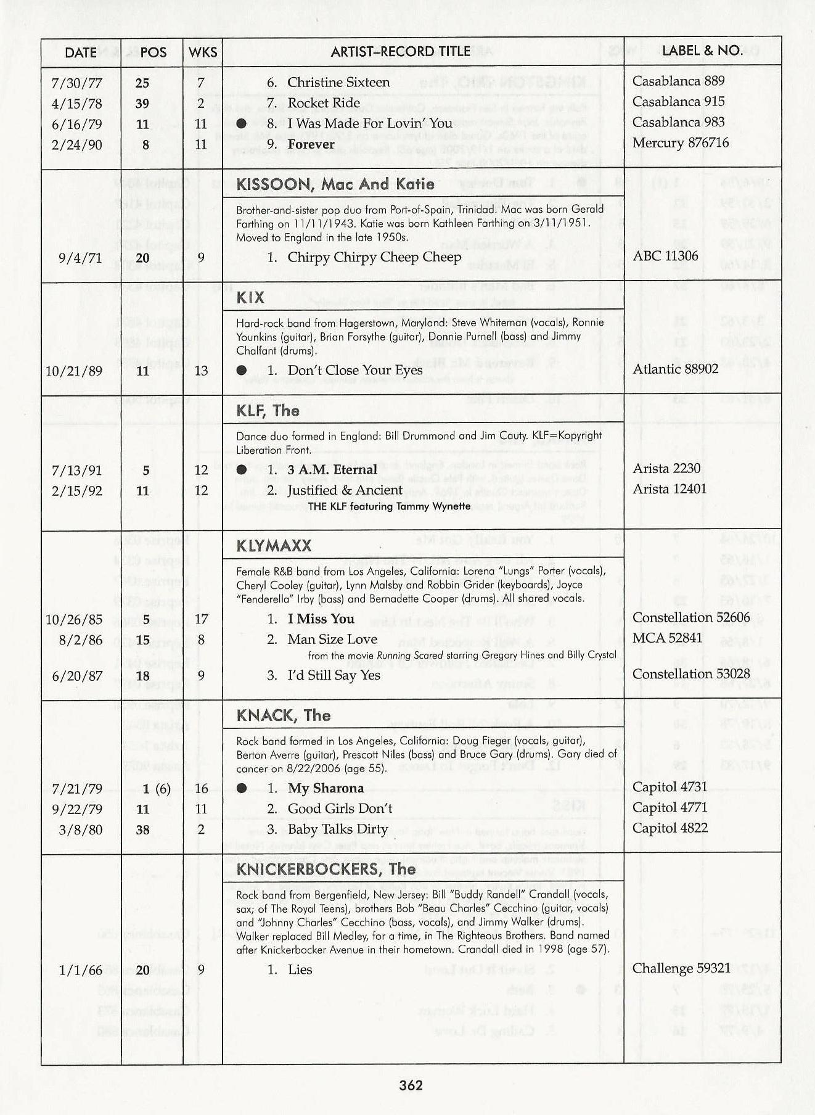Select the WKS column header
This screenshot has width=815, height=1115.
[x=203, y=52]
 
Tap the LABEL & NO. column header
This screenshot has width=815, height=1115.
[x=702, y=51]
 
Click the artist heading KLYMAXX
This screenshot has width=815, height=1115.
[x=274, y=546]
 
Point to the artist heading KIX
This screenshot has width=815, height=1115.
[x=250, y=298]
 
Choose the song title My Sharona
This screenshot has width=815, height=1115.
[x=326, y=788]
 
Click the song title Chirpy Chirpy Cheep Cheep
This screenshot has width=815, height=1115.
[x=374, y=257]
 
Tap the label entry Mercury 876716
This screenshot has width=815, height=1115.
[x=681, y=143]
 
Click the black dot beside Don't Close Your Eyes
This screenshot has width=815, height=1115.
[x=242, y=370]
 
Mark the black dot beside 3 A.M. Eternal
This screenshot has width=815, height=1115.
[x=242, y=470]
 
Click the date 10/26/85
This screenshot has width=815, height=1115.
[x=74, y=620]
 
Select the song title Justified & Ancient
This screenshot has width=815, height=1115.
[x=345, y=490]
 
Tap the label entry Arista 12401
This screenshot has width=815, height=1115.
[x=670, y=489]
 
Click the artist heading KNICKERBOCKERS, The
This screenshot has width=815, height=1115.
[x=326, y=870]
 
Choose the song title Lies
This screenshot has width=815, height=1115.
[x=300, y=969]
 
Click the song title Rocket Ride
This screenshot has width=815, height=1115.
[x=324, y=103]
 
